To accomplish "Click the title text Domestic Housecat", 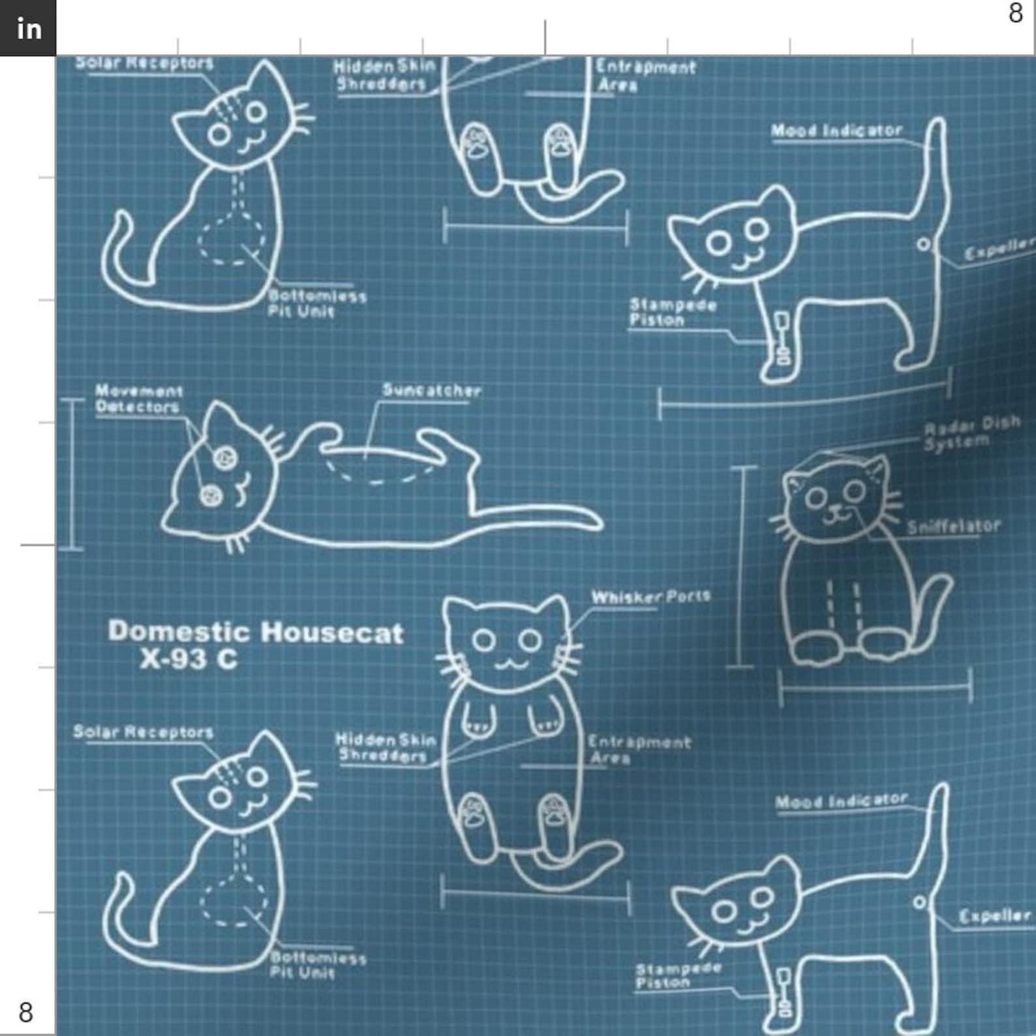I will coord(255,632).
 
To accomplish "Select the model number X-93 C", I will coord(189,660).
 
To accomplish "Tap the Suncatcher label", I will coord(431,391).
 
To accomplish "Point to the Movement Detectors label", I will coord(138,399).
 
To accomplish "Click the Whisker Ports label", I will coord(650,597).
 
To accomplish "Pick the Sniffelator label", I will coord(953,526).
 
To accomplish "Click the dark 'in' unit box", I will coord(28,28).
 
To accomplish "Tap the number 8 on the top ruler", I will coord(1015,13).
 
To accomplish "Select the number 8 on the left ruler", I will coord(25,1012).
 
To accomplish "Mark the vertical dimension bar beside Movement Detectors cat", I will coord(72,475).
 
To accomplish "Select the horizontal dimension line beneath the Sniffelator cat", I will coord(875,686).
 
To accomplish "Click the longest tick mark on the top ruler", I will coord(545,37).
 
